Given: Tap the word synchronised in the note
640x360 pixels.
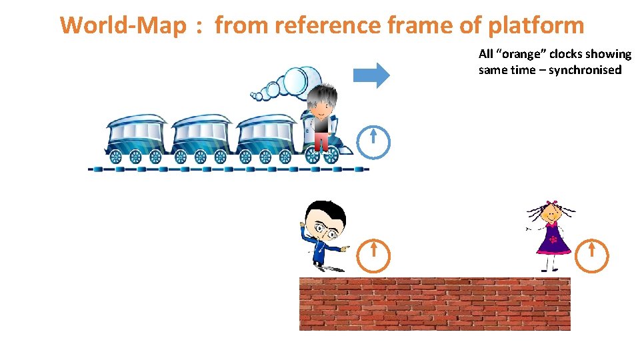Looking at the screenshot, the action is [585, 70].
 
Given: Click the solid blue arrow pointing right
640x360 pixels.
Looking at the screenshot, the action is [371, 75].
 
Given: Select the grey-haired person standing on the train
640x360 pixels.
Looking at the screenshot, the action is [323, 117].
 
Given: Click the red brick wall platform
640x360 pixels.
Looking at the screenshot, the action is [434, 304].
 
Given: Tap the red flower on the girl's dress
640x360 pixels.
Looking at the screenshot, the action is [553, 239].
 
